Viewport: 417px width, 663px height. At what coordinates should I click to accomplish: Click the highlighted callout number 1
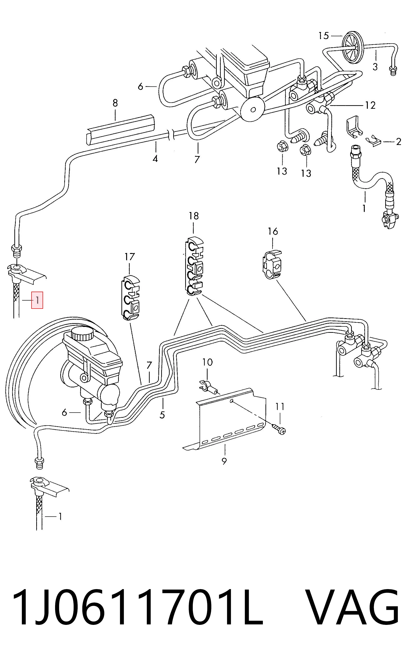(x=37, y=300)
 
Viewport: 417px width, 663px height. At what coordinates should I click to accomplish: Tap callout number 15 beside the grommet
(x=324, y=36)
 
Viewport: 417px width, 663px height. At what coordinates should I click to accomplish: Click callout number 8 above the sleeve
(x=115, y=103)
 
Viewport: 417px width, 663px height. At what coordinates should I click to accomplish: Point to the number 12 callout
(x=370, y=105)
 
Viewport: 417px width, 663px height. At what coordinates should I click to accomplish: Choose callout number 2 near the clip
(x=398, y=141)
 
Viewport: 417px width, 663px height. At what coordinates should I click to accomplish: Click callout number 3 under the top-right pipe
(x=375, y=66)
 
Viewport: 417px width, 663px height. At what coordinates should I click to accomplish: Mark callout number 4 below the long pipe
(x=155, y=159)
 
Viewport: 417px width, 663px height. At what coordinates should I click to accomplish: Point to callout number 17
(x=130, y=257)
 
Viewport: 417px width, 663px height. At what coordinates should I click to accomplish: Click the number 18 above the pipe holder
(x=194, y=216)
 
